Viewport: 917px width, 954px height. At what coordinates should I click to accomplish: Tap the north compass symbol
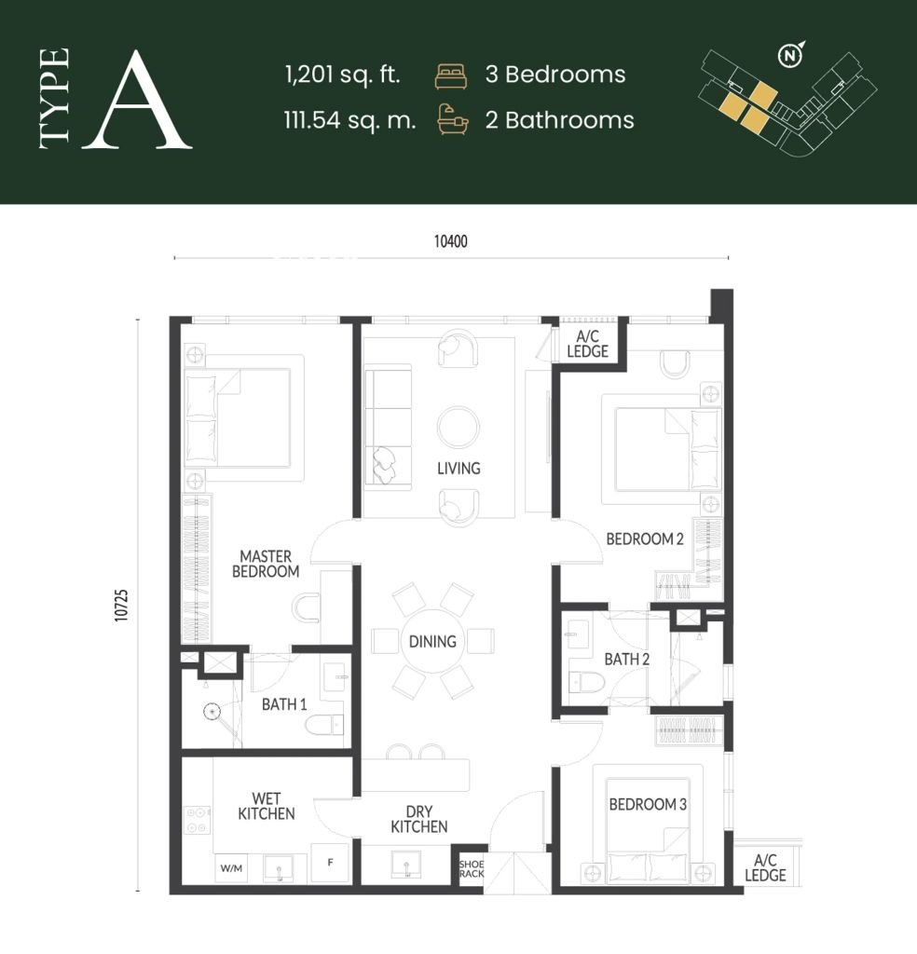click(790, 57)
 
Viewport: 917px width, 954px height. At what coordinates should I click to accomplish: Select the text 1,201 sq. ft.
click(343, 75)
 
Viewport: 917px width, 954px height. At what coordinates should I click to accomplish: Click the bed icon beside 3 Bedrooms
click(450, 75)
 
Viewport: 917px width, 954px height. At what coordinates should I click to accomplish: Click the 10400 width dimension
click(450, 241)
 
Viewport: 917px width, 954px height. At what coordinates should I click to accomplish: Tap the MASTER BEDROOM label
click(265, 564)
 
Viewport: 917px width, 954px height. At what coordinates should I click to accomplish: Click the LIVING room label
click(458, 468)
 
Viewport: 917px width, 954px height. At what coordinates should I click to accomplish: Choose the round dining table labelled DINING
click(432, 641)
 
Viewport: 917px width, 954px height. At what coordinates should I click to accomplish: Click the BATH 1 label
click(284, 704)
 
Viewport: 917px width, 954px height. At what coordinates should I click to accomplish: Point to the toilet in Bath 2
click(586, 685)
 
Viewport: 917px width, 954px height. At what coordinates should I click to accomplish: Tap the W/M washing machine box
click(231, 867)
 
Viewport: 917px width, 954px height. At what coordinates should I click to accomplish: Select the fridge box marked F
click(330, 864)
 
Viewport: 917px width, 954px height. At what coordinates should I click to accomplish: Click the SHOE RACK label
click(471, 868)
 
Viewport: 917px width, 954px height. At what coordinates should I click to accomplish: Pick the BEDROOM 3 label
click(648, 804)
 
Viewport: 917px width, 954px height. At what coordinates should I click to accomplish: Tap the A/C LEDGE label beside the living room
click(592, 344)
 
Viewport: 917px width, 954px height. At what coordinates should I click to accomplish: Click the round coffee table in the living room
click(458, 428)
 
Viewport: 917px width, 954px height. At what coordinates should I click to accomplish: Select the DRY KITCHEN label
click(418, 818)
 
